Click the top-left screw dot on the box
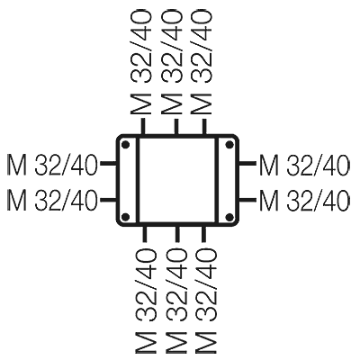[126, 145]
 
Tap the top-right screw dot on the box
[229, 145]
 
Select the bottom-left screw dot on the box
[126, 217]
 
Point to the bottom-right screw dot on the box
[229, 217]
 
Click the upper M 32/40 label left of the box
[52, 165]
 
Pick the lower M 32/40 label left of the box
[52, 200]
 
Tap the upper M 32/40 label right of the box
[304, 165]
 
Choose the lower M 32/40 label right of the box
[304, 200]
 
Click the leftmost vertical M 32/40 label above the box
[141, 62]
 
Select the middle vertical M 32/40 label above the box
[172, 62]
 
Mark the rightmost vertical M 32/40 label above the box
[202, 62]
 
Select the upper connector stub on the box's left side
[108, 164]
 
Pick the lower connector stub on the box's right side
[247, 199]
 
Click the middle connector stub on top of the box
[176, 127]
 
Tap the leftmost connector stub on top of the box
[143, 127]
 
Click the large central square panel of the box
[177, 180]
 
